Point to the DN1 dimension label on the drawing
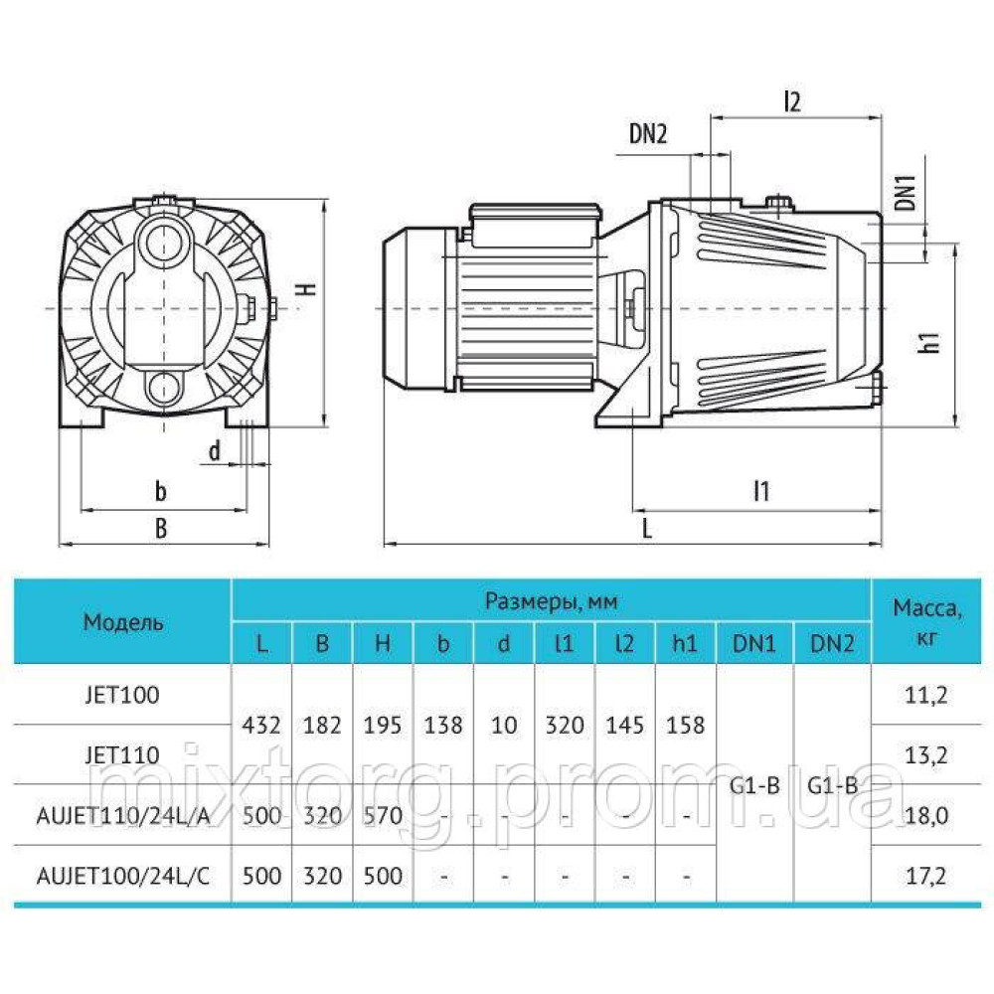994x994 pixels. [904, 192]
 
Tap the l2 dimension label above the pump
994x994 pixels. [792, 99]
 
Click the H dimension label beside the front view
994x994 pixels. [309, 287]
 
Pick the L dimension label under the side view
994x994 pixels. [646, 528]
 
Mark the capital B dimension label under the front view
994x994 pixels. [161, 529]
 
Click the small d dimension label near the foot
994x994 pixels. [214, 450]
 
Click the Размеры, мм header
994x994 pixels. [551, 600]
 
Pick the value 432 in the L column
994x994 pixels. [261, 726]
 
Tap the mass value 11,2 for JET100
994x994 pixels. [926, 694]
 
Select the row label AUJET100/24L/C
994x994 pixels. [123, 876]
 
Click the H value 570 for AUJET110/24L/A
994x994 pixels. [383, 816]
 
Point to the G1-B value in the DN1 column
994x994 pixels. [754, 785]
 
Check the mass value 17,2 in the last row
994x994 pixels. [926, 876]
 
